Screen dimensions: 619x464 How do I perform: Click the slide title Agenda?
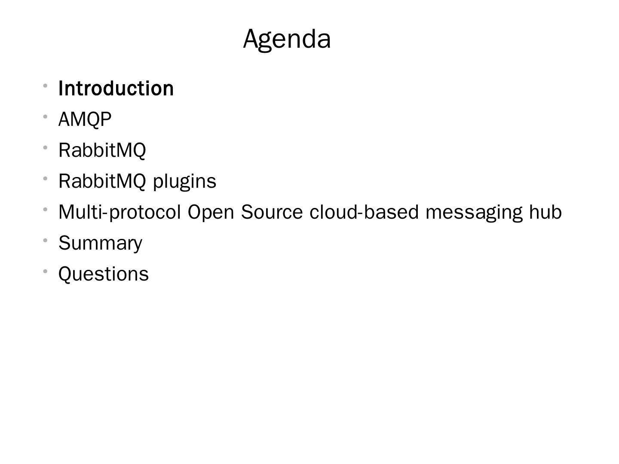287,39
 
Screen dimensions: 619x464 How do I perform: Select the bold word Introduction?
116,89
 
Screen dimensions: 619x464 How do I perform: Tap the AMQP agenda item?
85,119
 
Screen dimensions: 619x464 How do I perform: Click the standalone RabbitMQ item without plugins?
102,150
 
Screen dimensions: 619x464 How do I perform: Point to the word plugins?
185,181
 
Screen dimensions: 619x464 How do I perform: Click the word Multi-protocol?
120,212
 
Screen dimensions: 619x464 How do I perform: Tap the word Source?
272,212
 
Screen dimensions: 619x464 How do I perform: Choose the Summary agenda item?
100,243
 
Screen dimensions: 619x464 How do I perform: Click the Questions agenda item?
104,274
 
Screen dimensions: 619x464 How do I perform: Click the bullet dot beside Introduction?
45,85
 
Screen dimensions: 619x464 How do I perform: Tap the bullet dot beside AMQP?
45,116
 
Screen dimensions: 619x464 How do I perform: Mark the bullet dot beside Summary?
45,240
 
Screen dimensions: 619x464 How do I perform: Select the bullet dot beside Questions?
45,271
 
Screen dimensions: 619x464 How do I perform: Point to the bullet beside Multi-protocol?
45,209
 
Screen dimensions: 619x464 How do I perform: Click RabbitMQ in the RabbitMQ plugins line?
102,181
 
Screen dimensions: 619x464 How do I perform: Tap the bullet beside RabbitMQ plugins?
45,178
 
